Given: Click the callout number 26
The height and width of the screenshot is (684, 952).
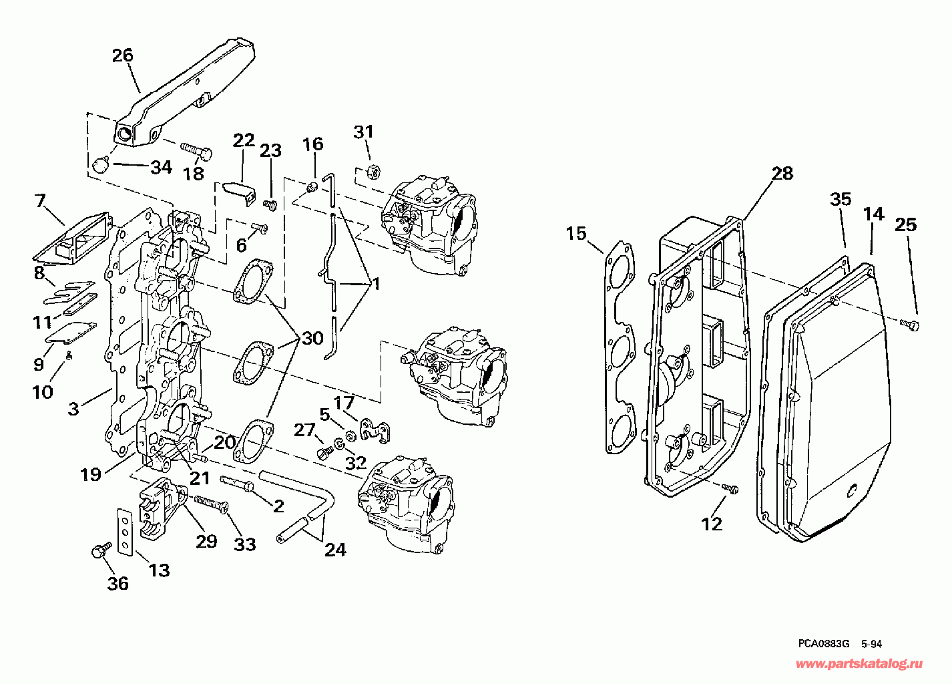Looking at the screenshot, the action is (122, 55).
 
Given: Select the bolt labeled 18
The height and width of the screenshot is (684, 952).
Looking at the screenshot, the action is (196, 152).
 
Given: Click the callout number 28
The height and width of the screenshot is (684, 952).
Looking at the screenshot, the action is (782, 174).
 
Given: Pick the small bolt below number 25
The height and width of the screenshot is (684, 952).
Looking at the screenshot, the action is (909, 325).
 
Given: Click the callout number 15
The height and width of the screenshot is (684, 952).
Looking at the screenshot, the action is (576, 233).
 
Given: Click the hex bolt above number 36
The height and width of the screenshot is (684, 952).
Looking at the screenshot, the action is (101, 550).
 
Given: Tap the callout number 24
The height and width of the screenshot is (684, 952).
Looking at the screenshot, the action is (335, 550).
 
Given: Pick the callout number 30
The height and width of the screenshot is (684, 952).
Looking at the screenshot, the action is (312, 339).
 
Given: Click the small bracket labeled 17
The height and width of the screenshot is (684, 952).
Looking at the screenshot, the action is (375, 432).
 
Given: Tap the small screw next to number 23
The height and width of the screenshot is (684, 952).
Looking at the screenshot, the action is (269, 204).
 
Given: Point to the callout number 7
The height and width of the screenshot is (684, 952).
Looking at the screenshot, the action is (40, 200).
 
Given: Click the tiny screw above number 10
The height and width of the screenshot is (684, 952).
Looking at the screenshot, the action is (69, 355).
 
